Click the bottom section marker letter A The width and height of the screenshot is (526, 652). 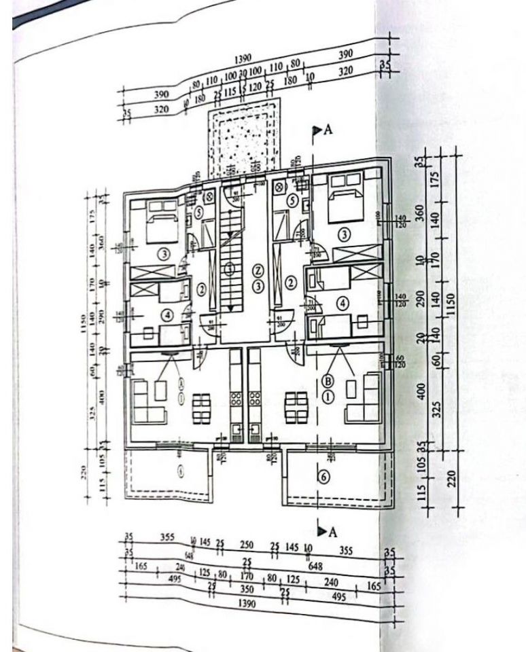click(x=332, y=532)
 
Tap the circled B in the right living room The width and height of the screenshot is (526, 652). click(x=328, y=381)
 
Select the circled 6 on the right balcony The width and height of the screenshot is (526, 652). click(x=323, y=477)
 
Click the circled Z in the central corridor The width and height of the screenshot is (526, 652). click(x=258, y=269)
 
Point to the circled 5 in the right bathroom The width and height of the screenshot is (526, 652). click(x=292, y=200)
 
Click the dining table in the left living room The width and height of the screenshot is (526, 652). click(x=201, y=407)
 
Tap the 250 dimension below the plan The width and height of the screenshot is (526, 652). click(x=246, y=545)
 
